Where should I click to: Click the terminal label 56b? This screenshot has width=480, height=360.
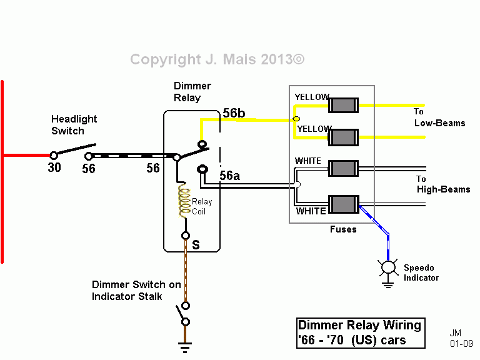coord(234,113)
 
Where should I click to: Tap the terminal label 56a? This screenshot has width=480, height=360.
coord(229,176)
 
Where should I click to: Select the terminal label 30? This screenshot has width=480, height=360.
coord(54,167)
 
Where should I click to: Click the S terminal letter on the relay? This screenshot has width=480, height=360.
coord(196,245)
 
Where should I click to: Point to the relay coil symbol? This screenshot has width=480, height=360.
coord(184,200)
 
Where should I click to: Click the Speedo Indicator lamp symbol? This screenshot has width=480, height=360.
coord(388,267)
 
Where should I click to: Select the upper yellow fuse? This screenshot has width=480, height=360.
coord(344,105)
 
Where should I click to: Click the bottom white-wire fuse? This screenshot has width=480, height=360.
coord(344,204)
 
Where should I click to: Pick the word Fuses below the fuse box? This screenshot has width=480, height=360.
coord(343,229)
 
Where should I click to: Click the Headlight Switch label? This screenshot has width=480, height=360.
coord(74,125)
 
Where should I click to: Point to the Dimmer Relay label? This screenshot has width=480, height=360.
coord(192,92)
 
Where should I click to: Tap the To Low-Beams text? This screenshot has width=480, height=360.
coord(439,117)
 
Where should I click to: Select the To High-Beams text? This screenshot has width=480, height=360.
coord(443,184)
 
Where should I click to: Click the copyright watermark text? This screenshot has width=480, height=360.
coord(217,59)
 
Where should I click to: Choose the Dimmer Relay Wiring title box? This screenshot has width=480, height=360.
coord(361,333)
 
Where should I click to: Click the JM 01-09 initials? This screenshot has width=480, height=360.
coord(461,338)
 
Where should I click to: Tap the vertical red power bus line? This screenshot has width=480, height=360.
coord(2,171)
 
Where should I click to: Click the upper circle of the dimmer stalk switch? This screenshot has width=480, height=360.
coord(186,306)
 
